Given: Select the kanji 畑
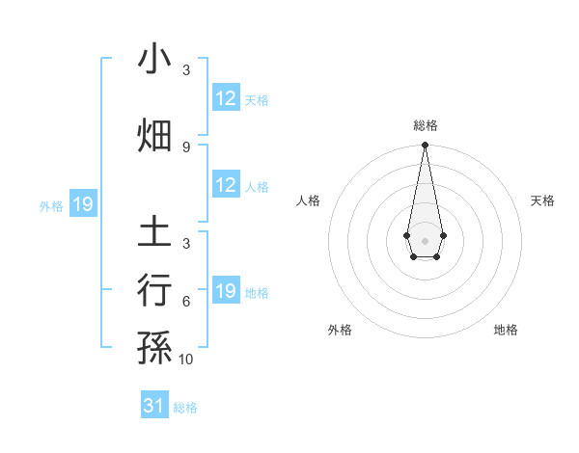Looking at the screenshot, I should (x=154, y=136).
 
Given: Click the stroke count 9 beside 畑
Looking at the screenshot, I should (x=186, y=147).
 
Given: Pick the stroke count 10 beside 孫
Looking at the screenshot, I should (x=186, y=359).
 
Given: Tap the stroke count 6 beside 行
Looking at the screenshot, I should (x=186, y=302).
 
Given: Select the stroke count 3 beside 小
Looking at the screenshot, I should (x=186, y=70).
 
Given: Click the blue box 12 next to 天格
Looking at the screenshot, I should (x=226, y=98).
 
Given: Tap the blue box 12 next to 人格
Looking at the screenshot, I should (x=226, y=185).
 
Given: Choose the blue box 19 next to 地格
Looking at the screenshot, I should (x=226, y=291).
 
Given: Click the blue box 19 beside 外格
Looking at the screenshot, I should (x=82, y=204).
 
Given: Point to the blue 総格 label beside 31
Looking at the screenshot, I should (x=185, y=408).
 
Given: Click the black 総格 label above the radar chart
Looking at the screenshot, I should (x=425, y=125).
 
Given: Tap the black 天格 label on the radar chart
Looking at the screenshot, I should (x=543, y=200).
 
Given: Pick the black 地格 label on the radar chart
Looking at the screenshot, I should (x=506, y=330).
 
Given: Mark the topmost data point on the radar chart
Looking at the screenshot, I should (x=425, y=146).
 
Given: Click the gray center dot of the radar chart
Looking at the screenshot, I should (x=425, y=239).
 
